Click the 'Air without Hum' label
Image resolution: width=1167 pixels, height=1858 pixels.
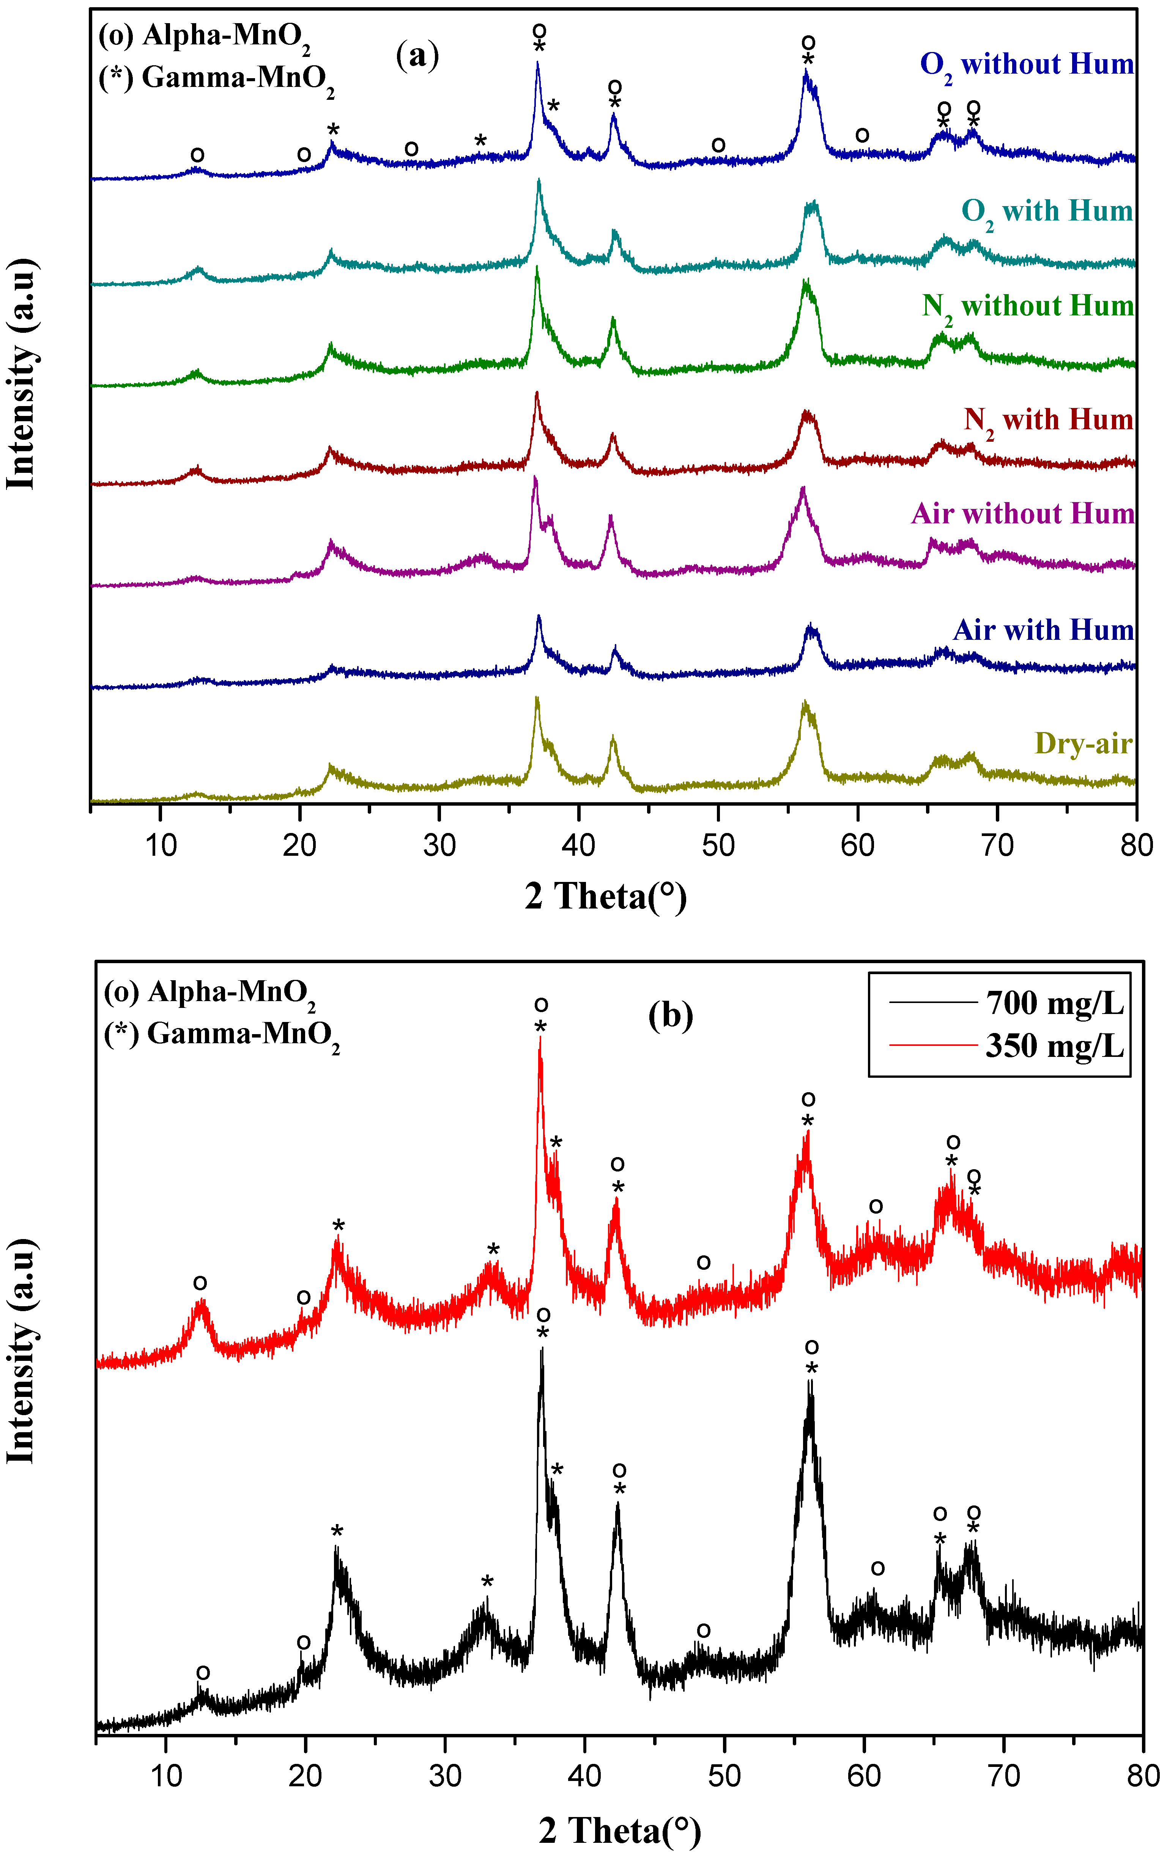coord(1023,514)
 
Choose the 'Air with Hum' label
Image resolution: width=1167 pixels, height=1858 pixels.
coord(1043,630)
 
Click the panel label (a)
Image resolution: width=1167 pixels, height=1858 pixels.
coord(417,55)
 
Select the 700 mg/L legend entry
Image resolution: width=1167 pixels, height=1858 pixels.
coord(1054,1003)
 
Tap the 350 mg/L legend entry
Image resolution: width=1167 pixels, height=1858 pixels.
coord(1054,1046)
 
